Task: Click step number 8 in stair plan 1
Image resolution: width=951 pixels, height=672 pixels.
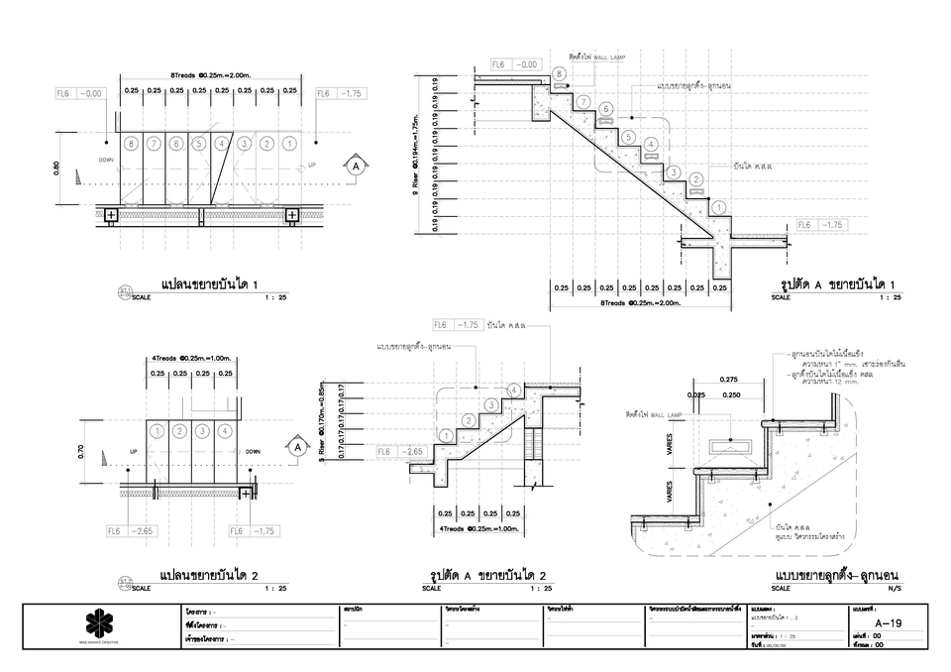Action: [x=131, y=144]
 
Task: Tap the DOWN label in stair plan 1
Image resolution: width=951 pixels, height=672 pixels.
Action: [x=107, y=159]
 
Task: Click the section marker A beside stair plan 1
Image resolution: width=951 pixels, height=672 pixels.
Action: [x=354, y=167]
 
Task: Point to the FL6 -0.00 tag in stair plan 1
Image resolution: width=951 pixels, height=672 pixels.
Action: [x=80, y=93]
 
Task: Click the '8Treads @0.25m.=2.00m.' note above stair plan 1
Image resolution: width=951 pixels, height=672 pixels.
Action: [x=209, y=75]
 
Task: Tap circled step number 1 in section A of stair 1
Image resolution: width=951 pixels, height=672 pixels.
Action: [x=718, y=207]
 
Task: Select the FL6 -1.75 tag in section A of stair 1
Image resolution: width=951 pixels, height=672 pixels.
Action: [x=821, y=225]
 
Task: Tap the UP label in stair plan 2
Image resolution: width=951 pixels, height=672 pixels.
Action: [x=133, y=451]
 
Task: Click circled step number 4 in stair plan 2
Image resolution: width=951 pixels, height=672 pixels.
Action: [x=225, y=431]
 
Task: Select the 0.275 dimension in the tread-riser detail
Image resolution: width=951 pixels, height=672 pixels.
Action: [x=729, y=380]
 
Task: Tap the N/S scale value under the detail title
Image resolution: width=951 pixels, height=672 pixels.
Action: [x=895, y=588]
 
